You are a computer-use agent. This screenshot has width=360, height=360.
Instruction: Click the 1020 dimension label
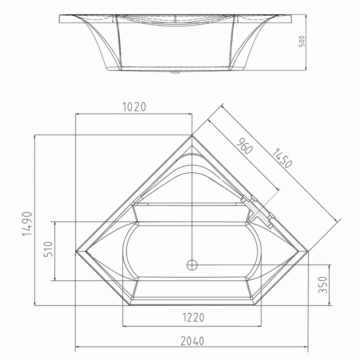[135, 107]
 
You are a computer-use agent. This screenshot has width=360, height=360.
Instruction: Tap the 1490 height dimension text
[27, 224]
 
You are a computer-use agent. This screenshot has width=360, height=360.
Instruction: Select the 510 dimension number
[49, 249]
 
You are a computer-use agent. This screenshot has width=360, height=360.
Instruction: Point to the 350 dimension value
[323, 285]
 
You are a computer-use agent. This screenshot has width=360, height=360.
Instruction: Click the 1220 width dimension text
[193, 318]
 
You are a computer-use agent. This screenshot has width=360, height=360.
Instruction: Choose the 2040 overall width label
[192, 341]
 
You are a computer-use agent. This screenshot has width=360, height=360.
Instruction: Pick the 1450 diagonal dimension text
[282, 158]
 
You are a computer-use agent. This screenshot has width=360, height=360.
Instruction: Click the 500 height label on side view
[302, 41]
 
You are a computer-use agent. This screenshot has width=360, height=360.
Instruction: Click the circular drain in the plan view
[192, 265]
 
